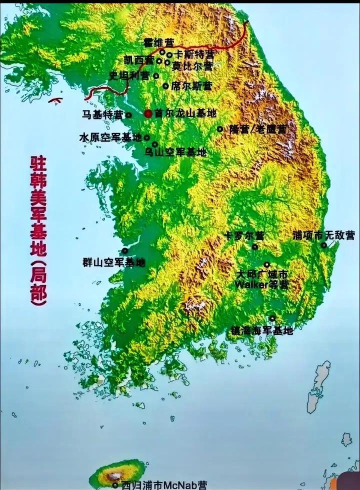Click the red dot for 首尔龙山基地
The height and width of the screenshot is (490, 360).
(148, 113)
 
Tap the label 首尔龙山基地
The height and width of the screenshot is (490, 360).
(185, 113)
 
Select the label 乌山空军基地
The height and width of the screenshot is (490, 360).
(175, 152)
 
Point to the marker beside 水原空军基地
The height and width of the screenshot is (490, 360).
(147, 137)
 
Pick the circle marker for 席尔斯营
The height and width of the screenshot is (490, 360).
(165, 86)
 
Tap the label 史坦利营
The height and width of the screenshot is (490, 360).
(129, 75)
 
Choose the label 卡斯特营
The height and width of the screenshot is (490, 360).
(194, 54)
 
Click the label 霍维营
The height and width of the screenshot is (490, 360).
(155, 41)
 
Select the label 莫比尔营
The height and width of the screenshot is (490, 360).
(192, 66)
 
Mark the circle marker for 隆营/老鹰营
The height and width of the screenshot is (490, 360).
(219, 129)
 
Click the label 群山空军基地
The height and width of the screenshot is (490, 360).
(114, 261)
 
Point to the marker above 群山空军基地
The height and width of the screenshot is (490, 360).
(124, 251)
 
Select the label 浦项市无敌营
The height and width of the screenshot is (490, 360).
(323, 235)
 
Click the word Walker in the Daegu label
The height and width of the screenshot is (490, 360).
(250, 284)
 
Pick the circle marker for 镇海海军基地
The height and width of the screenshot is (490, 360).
(272, 318)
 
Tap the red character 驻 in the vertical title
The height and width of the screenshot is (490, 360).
(39, 162)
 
